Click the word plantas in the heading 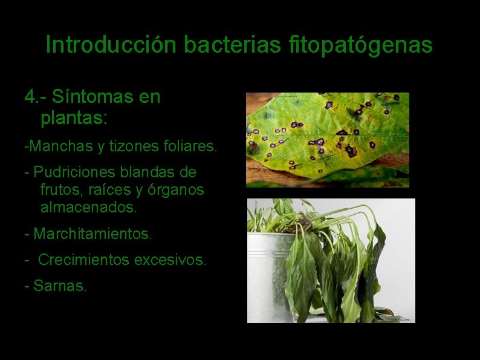73,118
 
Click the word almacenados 88,208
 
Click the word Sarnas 60,286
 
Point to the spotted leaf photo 327,140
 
